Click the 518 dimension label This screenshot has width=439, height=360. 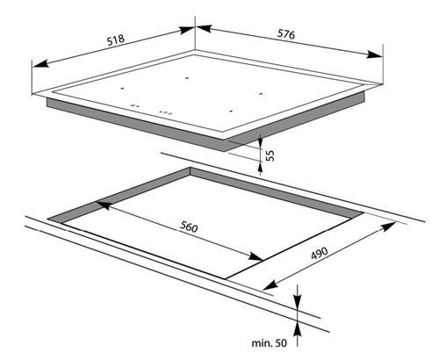[116, 40]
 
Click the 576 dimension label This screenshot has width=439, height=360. [286, 34]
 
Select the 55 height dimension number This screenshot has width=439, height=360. [270, 155]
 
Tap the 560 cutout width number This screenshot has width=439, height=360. [189, 227]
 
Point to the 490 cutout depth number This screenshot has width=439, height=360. [320, 253]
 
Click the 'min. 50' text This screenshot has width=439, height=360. [270, 343]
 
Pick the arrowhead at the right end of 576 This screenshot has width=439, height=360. [374, 54]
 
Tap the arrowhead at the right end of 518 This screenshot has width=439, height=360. [187, 30]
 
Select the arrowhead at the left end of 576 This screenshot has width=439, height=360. [204, 29]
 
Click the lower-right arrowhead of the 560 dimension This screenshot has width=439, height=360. [255, 256]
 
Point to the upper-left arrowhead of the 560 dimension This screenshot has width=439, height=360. [103, 205]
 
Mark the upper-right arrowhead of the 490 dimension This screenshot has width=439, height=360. [388, 226]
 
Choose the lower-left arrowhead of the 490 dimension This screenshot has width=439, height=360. [270, 285]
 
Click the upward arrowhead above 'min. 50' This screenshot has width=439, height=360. [298, 330]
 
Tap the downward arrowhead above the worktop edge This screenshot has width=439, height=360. [298, 300]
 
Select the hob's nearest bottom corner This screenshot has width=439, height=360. [224, 151]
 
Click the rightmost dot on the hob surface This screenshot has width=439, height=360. [261, 94]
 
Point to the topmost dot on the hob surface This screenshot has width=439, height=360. [186, 78]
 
